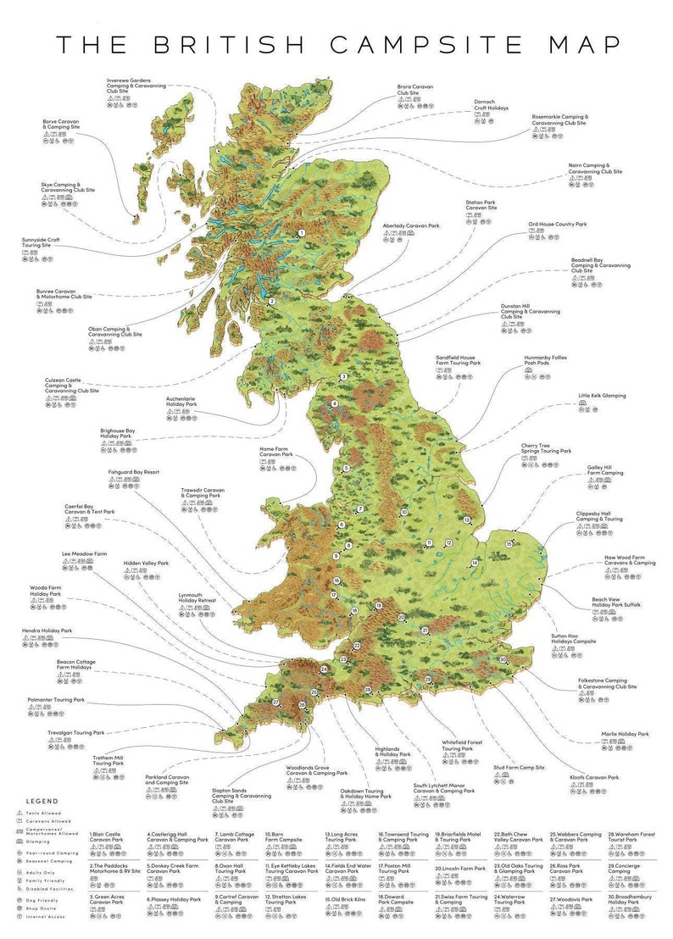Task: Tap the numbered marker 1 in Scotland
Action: tap(300, 233)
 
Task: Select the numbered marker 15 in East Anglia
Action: tap(509, 544)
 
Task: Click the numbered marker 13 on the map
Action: tap(466, 520)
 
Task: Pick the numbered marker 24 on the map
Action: tap(324, 670)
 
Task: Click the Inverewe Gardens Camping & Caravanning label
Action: tap(136, 84)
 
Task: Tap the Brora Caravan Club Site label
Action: tap(416, 88)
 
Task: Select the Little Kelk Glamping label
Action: tap(602, 396)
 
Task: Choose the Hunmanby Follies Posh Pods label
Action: tap(545, 361)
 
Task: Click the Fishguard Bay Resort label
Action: tap(134, 472)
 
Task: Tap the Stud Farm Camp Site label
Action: tap(518, 768)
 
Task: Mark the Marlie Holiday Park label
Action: tap(625, 734)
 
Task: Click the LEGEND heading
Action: tap(42, 800)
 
